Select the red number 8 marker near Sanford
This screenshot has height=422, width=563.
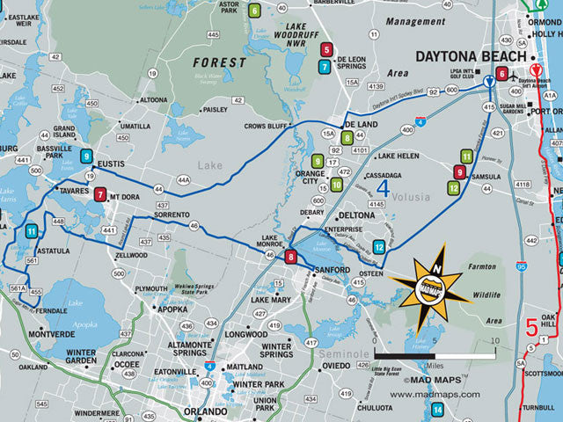[x=291, y=257]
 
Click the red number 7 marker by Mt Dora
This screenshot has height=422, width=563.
[x=100, y=194]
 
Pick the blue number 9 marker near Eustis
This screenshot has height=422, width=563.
[x=86, y=156]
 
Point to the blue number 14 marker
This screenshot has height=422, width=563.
[x=437, y=407]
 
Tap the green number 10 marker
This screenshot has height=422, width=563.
[x=336, y=185]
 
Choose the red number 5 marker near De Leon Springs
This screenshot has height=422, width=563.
[x=327, y=50]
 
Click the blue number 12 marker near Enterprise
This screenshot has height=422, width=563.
[x=378, y=247]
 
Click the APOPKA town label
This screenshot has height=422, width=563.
[x=173, y=309]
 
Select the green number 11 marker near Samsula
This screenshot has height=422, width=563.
[x=466, y=156]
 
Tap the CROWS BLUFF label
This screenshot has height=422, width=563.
[x=267, y=127]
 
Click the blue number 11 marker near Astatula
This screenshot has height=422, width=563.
[x=31, y=231]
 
